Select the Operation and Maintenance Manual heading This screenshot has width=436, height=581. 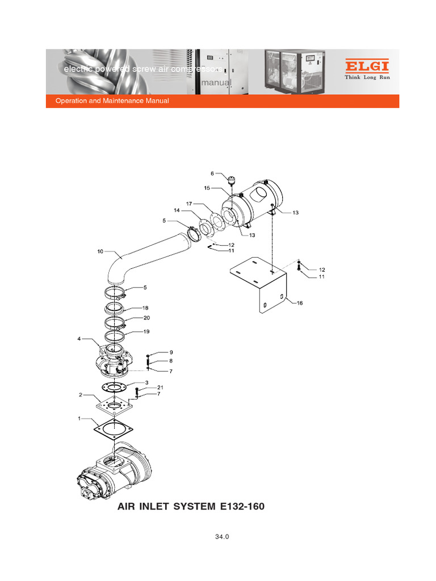(112, 101)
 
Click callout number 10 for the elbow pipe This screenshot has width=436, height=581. (100, 251)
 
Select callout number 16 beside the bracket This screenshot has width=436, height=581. (300, 303)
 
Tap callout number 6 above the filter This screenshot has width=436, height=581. (212, 174)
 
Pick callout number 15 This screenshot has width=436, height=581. (207, 188)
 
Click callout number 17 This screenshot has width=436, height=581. (189, 203)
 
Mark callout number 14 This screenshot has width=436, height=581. (177, 210)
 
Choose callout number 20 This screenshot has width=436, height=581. (146, 318)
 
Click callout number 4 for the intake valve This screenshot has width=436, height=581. (79, 339)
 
